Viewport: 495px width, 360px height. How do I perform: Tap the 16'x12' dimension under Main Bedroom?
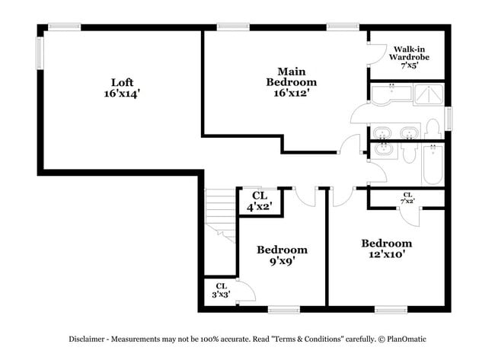(x=291, y=93)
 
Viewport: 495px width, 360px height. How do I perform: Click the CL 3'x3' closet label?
(x=221, y=290)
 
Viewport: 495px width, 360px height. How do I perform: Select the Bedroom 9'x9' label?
(x=282, y=255)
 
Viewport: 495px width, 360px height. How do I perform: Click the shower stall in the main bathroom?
(x=428, y=94)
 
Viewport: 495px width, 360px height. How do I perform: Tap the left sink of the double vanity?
(x=384, y=132)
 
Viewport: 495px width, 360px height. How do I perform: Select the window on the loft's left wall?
(x=40, y=56)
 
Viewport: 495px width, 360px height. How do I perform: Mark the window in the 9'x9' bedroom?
(x=283, y=310)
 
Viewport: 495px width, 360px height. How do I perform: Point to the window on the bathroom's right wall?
(x=449, y=119)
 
